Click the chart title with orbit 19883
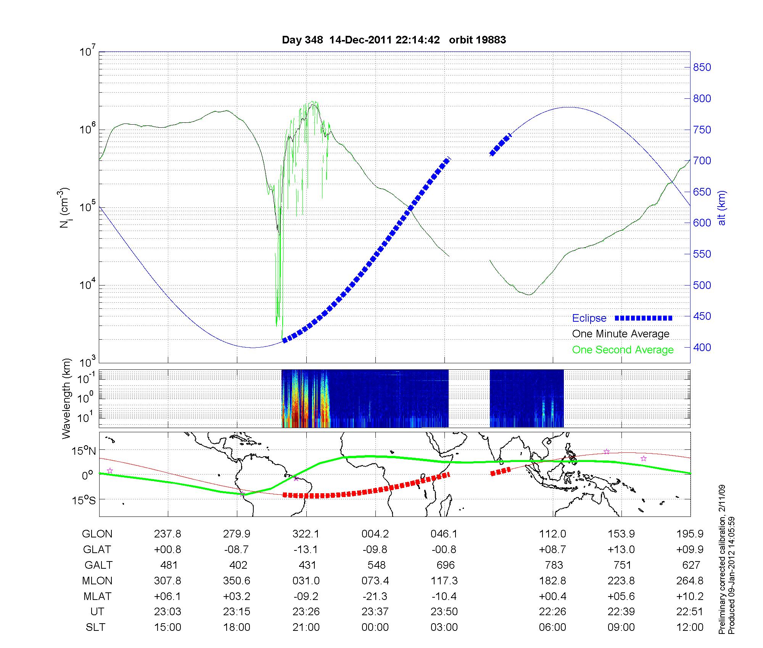(x=394, y=40)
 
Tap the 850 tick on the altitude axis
(x=702, y=67)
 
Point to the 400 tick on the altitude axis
(x=702, y=347)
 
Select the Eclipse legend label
(x=589, y=318)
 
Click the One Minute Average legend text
(x=621, y=334)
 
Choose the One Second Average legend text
(x=623, y=350)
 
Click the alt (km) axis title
(x=722, y=208)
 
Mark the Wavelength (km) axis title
(x=67, y=398)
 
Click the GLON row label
(x=97, y=534)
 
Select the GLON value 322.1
(x=306, y=534)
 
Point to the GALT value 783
(x=554, y=565)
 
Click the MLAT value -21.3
(x=375, y=596)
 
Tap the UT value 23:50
(x=444, y=612)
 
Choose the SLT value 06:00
(x=552, y=627)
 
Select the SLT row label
(x=95, y=627)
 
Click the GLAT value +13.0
(x=621, y=550)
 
